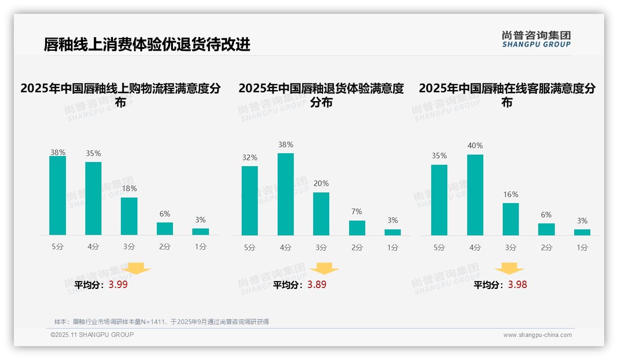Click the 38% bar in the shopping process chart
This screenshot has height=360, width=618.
58,196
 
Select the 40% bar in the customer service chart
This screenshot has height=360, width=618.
475,195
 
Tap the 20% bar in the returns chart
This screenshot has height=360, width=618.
321,214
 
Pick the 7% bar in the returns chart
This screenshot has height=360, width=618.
357,228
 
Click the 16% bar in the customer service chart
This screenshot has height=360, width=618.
511,219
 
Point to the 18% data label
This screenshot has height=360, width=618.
129,188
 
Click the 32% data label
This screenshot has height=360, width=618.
250,157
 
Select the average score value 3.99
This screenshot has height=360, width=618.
118,285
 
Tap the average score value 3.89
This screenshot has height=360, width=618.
317,285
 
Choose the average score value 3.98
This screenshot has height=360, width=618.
517,285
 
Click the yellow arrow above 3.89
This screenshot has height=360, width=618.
324,269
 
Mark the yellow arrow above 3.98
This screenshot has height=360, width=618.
509,269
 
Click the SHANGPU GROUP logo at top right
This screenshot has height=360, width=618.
536,39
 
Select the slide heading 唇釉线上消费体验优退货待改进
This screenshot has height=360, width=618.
147,44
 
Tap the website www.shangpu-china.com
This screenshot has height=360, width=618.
537,335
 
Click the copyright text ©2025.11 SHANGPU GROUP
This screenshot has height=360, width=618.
92,335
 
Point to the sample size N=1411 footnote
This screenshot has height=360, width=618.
161,322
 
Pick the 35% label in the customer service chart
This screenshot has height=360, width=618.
439,156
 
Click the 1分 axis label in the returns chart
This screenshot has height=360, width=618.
392,247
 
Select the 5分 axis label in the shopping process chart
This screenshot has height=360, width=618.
58,247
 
